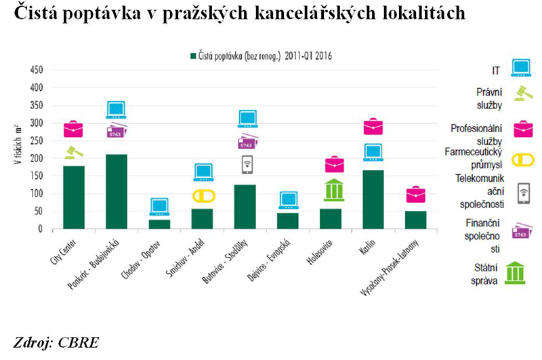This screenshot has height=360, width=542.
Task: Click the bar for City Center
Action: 75,197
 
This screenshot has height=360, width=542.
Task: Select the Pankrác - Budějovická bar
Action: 117,192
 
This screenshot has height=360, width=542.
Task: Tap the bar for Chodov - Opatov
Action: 159,224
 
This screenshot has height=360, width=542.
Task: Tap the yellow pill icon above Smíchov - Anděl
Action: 203,196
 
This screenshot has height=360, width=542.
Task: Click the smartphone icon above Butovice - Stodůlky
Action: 246,165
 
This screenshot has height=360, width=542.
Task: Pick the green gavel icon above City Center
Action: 74,153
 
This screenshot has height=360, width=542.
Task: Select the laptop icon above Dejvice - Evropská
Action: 288,200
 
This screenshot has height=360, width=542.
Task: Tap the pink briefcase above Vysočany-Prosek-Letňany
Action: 416,195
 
